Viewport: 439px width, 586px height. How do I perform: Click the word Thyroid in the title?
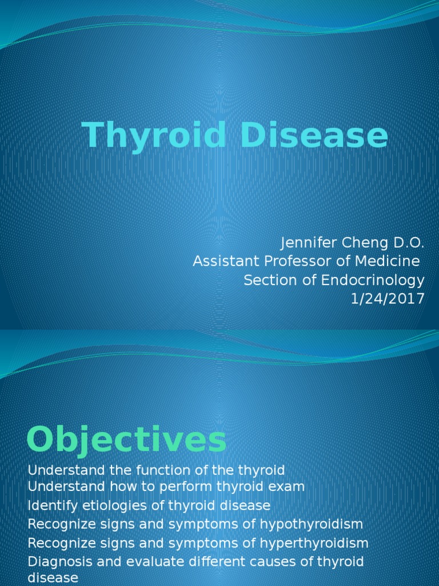(x=154, y=136)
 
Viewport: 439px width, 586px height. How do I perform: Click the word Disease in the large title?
(x=314, y=136)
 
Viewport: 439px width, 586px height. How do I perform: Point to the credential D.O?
(x=407, y=243)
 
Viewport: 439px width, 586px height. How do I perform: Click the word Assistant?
(x=220, y=262)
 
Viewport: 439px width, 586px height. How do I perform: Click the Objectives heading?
(x=126, y=441)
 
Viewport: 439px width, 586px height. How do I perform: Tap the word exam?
(x=288, y=486)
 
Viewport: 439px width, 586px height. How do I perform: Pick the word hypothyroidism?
(x=307, y=524)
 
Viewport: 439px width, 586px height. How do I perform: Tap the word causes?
(x=284, y=561)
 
